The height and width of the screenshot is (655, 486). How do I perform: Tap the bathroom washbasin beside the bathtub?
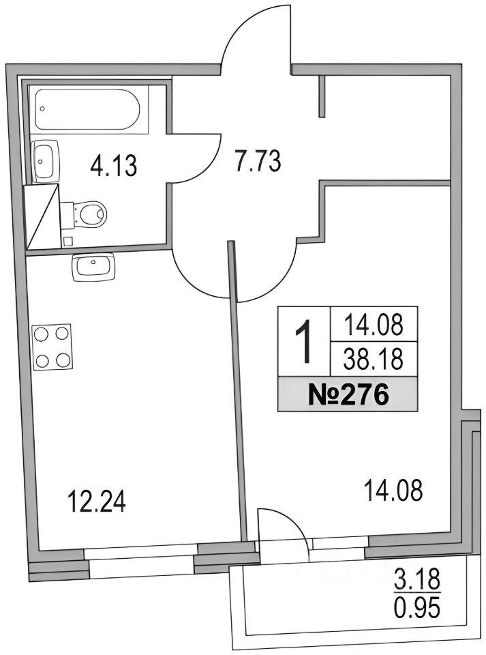(45, 161)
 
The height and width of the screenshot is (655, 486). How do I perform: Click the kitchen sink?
(93, 267)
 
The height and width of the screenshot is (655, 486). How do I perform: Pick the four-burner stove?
(53, 347)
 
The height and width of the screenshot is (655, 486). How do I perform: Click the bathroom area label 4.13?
(113, 165)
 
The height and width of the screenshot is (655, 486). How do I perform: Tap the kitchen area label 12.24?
(96, 501)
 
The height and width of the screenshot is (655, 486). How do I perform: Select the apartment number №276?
(348, 394)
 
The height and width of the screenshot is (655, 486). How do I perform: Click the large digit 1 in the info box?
(304, 341)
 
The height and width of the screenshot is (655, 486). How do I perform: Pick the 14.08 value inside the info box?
(374, 325)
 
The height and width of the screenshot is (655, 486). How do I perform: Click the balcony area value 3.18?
(416, 580)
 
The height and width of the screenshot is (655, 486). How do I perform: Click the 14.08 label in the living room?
(393, 490)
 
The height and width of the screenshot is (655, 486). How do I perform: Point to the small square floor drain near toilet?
(68, 242)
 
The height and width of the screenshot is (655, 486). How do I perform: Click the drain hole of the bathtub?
(42, 108)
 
